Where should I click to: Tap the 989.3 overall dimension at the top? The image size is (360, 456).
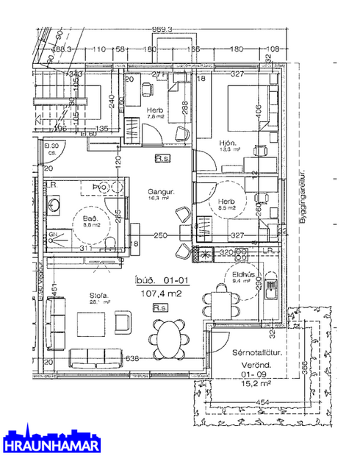pyautogui.click(x=162, y=29)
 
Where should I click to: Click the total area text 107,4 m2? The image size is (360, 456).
pyautogui.click(x=159, y=293)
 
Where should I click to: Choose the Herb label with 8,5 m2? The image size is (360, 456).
pyautogui.click(x=226, y=202)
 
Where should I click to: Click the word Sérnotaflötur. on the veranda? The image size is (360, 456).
pyautogui.click(x=257, y=352)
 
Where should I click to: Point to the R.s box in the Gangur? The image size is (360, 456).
pyautogui.click(x=163, y=158)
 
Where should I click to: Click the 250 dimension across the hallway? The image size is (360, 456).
pyautogui.click(x=159, y=235)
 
